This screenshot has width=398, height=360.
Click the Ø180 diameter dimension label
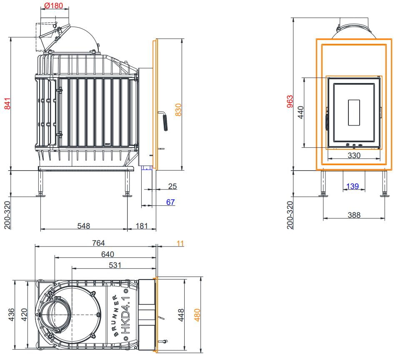point(53,5)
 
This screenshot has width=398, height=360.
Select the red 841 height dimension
point(8,103)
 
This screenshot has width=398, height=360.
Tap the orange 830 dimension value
point(178,110)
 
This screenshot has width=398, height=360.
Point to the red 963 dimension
point(290,101)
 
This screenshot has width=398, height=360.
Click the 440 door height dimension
point(300,112)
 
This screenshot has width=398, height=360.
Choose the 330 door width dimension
point(354,155)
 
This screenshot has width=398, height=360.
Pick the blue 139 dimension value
point(352,186)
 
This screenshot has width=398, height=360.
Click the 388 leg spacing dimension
point(354,215)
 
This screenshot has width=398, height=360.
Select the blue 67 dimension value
point(170,202)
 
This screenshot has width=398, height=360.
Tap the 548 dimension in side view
point(83,226)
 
